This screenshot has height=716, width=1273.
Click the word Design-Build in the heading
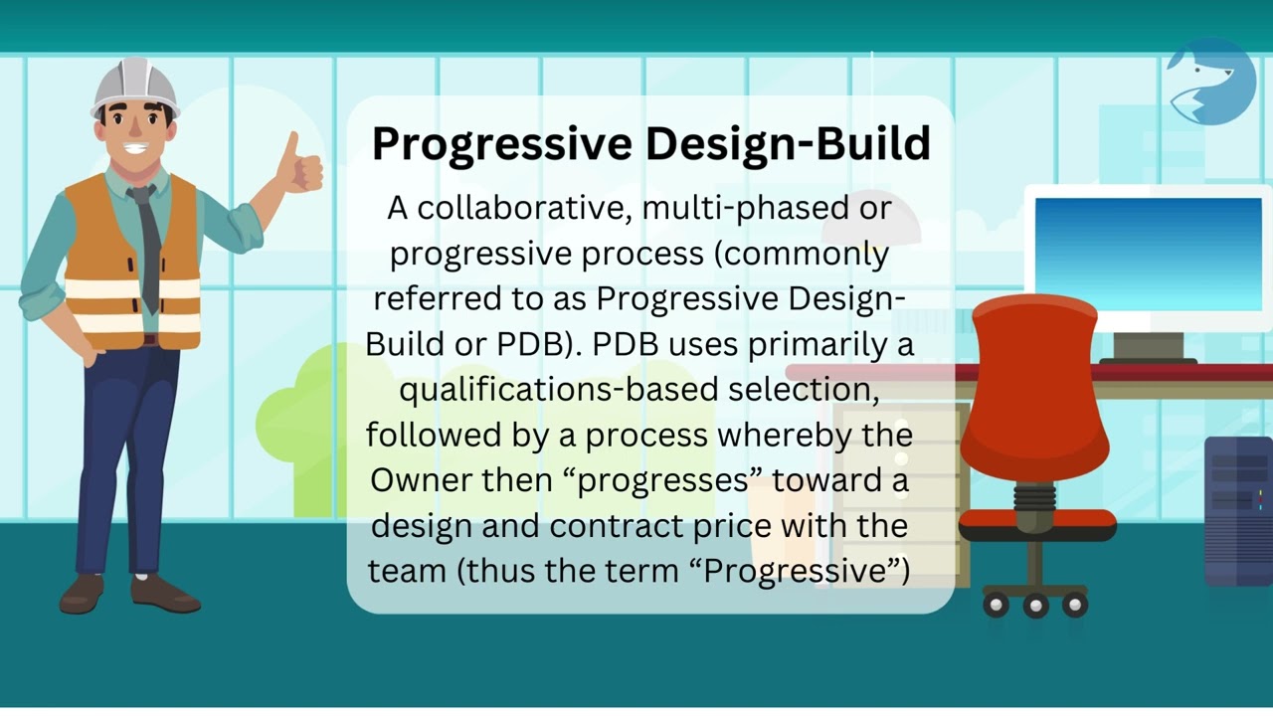coord(789,144)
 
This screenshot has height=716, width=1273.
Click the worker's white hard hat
coord(134,87)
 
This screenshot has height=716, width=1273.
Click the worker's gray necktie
coord(147,244)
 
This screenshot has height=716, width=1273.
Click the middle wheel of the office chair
coord(1034,605)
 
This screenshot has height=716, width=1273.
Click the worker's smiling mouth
coord(137,150)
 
